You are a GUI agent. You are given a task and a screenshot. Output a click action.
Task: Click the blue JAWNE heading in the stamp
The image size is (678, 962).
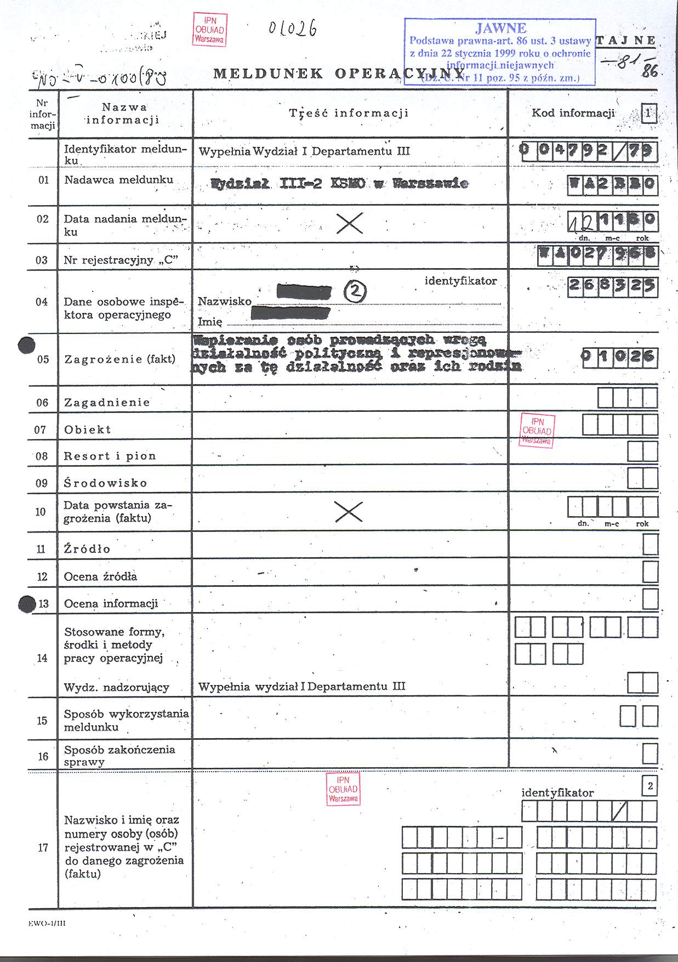tap(501, 29)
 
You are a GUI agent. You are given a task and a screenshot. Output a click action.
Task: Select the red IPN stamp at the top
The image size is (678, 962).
tap(209, 30)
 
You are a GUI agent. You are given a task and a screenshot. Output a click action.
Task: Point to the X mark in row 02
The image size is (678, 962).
tap(349, 223)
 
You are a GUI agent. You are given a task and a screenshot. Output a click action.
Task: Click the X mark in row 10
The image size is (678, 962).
tap(349, 511)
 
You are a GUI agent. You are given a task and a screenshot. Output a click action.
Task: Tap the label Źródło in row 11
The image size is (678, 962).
tap(87, 549)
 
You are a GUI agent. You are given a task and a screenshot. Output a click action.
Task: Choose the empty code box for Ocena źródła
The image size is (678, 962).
tap(650, 572)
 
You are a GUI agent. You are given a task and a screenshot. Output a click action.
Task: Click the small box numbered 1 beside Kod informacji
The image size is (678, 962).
tap(648, 114)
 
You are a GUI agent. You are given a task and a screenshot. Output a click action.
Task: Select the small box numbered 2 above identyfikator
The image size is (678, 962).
tap(649, 786)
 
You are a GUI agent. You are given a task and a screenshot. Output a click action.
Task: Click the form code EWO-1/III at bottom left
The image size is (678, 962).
tap(47, 924)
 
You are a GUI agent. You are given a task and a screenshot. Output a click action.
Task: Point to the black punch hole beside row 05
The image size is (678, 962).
tap(26, 346)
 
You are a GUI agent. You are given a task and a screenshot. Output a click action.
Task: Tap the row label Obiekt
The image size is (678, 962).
tap(88, 429)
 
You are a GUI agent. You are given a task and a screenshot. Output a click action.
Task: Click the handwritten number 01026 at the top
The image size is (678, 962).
tap(292, 29)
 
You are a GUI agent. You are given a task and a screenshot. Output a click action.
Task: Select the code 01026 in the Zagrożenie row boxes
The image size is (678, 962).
tap(619, 358)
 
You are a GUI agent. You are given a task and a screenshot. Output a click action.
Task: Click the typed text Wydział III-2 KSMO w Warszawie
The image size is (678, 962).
tap(339, 184)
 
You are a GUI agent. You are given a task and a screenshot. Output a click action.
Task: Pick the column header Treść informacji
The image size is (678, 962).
tap(349, 114)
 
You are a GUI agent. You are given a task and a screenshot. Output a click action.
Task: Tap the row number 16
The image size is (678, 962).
tap(43, 756)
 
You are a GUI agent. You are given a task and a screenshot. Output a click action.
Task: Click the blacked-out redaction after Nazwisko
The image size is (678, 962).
tap(304, 292)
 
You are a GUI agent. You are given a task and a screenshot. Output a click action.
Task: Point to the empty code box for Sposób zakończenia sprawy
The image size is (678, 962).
tap(650, 754)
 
